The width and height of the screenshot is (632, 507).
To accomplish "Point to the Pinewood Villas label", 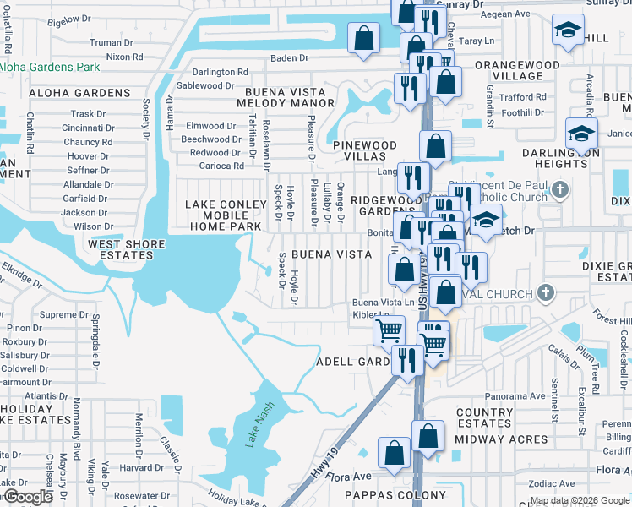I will (364, 151).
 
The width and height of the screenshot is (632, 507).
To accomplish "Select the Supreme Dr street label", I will (58, 315).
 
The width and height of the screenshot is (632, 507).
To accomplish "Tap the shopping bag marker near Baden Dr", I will (363, 38).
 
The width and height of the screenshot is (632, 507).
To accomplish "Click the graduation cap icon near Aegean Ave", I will (567, 30).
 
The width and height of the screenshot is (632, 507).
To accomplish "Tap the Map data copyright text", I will (580, 500).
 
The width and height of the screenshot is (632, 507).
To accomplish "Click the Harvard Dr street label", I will (135, 468).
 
